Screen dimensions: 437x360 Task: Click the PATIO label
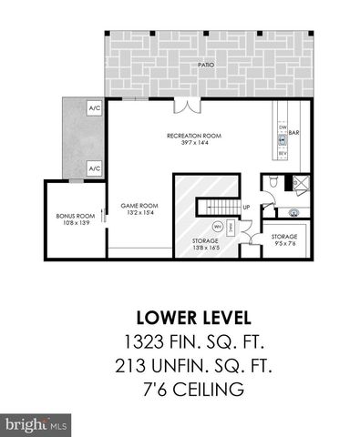[x=207, y=66]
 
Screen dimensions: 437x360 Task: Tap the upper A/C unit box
[x=94, y=109]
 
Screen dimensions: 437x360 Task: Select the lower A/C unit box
[x=94, y=169]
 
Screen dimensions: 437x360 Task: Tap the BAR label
[x=294, y=134]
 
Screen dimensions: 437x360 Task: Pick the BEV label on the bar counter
[x=282, y=153]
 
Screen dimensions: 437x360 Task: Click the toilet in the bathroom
[x=274, y=182]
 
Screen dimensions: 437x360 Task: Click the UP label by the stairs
[x=246, y=207]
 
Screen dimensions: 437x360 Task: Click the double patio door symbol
[x=188, y=107]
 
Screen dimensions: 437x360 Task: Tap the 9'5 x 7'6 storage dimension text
[x=283, y=244]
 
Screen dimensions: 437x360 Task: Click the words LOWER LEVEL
[x=180, y=317]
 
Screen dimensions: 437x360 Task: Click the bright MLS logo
[x=36, y=424]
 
